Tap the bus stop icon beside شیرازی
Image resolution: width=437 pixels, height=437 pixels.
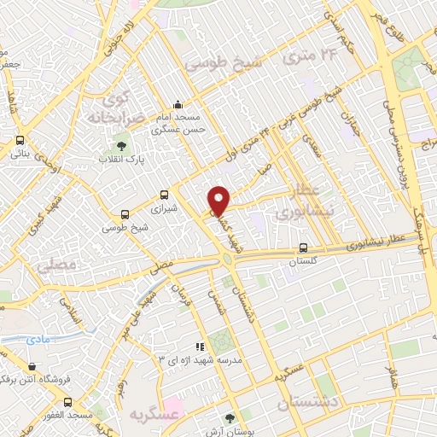[x=164, y=195]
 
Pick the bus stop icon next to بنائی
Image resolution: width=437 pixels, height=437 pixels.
[x=19, y=142]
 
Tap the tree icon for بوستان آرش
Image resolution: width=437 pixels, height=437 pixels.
[x=229, y=418]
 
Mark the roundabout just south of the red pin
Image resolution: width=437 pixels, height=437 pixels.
[x=227, y=259]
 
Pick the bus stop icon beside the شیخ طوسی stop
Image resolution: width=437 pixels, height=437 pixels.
[x=125, y=214]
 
